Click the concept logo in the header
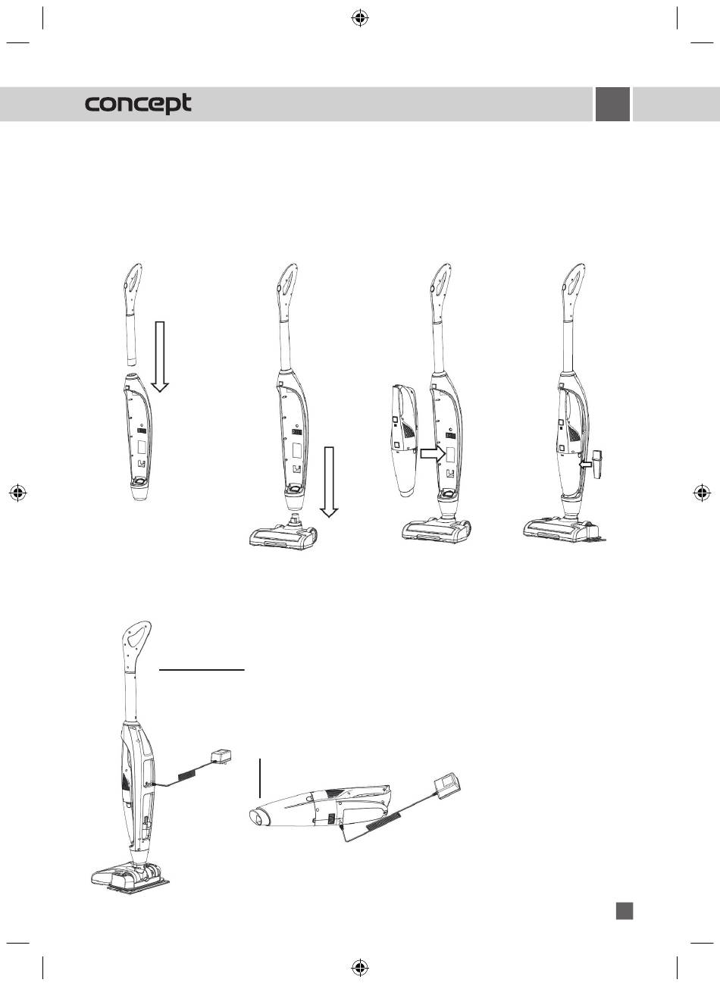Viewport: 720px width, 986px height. tap(138, 104)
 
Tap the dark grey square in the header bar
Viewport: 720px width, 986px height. tap(612, 104)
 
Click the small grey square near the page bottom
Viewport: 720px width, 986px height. tap(624, 911)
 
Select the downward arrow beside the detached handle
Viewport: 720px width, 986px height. tap(160, 356)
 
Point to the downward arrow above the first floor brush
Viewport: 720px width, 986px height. tap(329, 482)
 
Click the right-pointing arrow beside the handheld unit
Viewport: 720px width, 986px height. tap(433, 454)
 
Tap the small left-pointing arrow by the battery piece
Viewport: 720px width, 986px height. tap(586, 465)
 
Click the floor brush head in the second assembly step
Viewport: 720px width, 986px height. tap(283, 533)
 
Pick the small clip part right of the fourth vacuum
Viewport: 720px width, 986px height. tap(597, 465)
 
